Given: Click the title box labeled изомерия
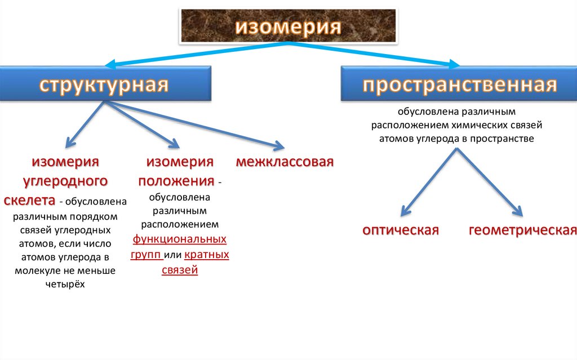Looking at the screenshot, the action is click(287, 26).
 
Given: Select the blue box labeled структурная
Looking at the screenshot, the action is click(104, 85).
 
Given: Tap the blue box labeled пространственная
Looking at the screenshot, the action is click(460, 85).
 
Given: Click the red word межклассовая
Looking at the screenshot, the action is click(285, 162).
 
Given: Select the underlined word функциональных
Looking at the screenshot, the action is click(180, 239).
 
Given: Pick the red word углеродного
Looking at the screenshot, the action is click(65, 181).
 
